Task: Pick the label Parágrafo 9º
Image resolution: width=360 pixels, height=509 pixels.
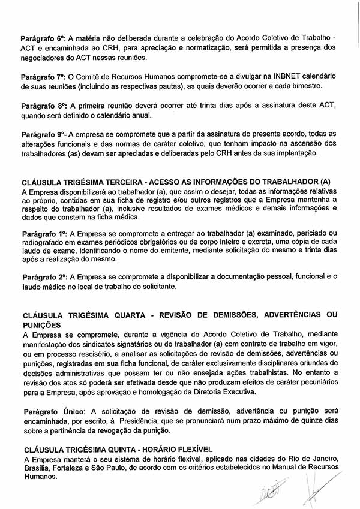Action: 43,135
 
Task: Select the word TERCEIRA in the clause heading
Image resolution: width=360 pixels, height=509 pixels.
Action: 122,181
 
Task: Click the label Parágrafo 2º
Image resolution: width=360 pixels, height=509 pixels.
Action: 43,278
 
